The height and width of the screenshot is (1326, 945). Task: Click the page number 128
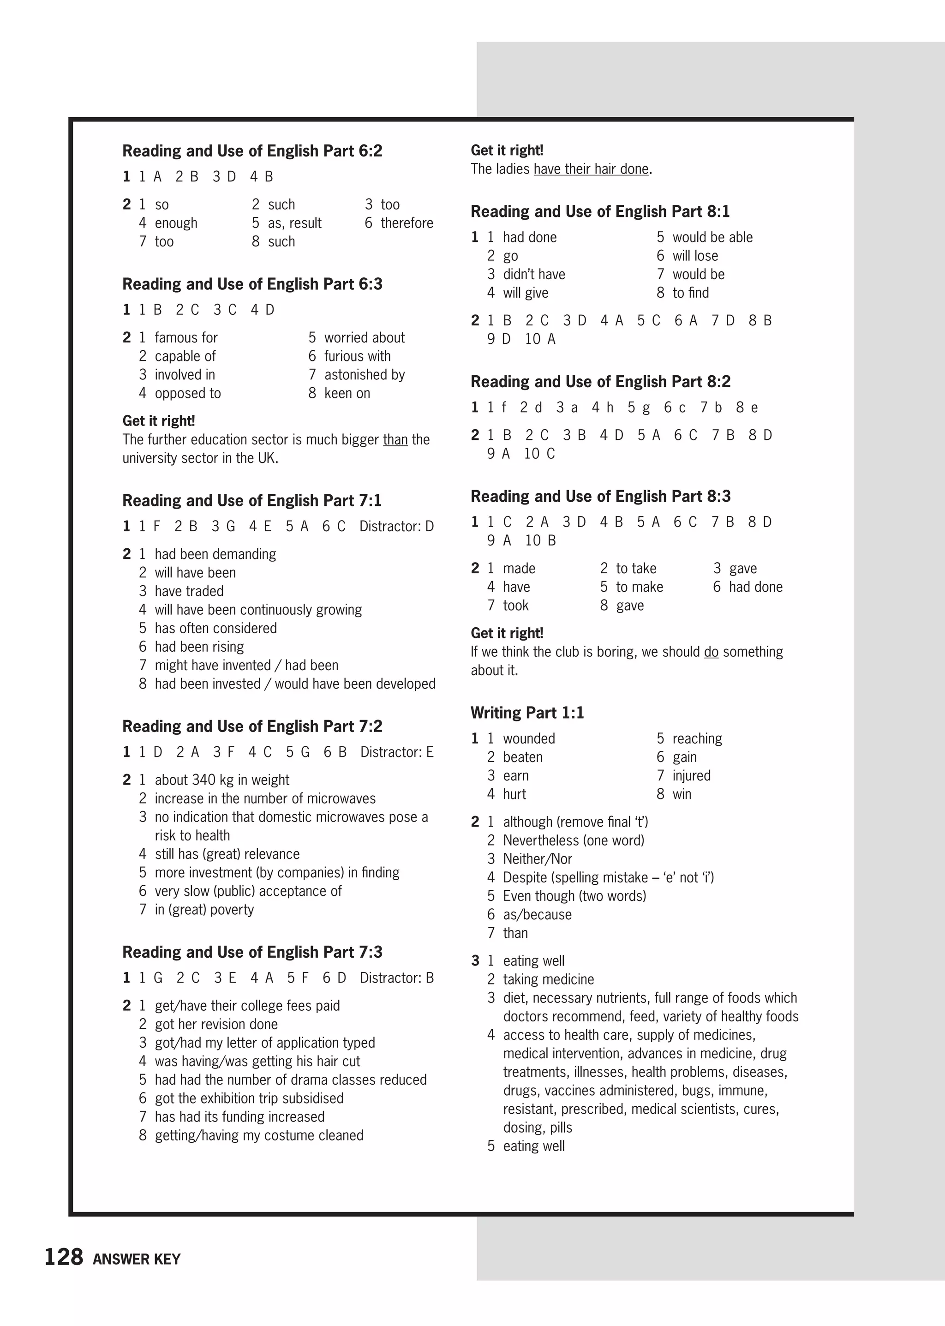pyautogui.click(x=64, y=1257)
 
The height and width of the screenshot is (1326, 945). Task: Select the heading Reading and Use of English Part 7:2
pyautogui.click(x=252, y=726)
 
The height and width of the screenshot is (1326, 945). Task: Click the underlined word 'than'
pyautogui.click(x=395, y=439)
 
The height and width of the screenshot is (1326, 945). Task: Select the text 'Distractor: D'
pyautogui.click(x=396, y=526)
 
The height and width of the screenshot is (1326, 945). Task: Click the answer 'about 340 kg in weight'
pyautogui.click(x=221, y=780)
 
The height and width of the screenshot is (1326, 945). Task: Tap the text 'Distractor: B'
pyautogui.click(x=396, y=978)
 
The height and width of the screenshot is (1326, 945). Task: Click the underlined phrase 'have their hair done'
pyautogui.click(x=591, y=169)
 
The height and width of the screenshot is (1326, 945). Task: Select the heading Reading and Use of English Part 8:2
pyautogui.click(x=600, y=381)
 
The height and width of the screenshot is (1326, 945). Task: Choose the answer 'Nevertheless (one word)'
pyautogui.click(x=573, y=840)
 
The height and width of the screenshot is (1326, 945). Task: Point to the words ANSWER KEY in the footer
pyautogui.click(x=137, y=1259)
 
